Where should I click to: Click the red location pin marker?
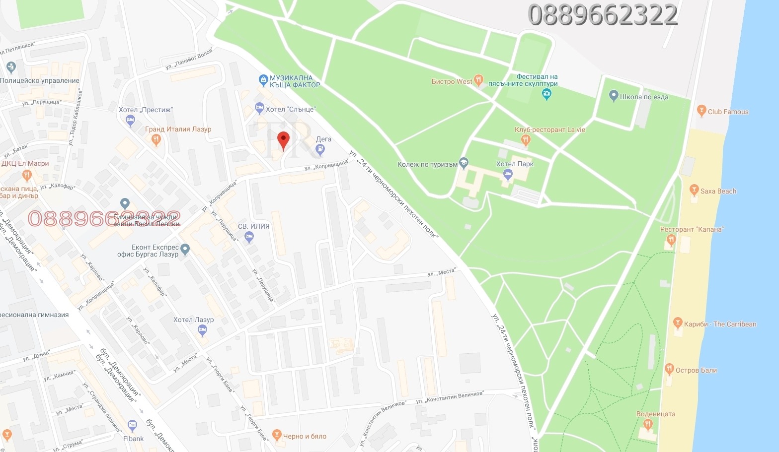283,140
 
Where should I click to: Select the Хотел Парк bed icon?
507,174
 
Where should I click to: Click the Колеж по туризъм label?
427,164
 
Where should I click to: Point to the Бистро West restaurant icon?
478,79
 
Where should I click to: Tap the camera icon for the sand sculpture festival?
546,94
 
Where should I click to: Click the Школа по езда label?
644,97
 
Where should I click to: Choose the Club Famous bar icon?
701,111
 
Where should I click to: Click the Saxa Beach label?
718,191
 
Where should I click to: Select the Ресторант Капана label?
692,229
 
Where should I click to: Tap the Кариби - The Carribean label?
720,324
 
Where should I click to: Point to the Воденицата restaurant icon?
647,424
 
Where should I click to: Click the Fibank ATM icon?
132,425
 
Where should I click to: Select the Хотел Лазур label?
193,320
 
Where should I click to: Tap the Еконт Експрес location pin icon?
185,249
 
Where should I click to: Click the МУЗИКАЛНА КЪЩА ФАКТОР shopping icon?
263,79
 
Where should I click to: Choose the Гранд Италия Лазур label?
178,129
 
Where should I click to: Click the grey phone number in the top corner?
603,15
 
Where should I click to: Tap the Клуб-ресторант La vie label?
550,129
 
